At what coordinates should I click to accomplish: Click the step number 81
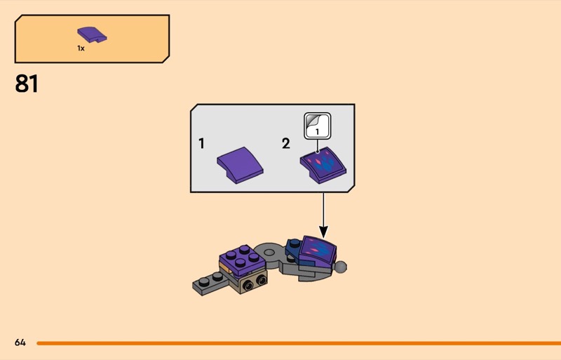tap(27, 84)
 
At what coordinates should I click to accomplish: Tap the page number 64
tap(20, 342)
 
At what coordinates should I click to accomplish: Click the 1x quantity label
tap(81, 48)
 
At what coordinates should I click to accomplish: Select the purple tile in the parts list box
tap(91, 34)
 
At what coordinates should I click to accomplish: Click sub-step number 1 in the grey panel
tap(201, 143)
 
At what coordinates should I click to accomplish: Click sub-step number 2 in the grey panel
tap(285, 143)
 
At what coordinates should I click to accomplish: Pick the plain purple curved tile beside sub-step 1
tap(241, 166)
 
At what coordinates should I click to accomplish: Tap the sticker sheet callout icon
tap(317, 127)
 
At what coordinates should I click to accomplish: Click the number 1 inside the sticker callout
tap(317, 131)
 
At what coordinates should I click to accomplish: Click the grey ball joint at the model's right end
tap(342, 266)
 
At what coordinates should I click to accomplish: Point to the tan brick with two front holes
tap(253, 281)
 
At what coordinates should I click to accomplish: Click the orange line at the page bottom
tap(295, 342)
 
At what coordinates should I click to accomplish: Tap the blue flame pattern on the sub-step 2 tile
tap(325, 166)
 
